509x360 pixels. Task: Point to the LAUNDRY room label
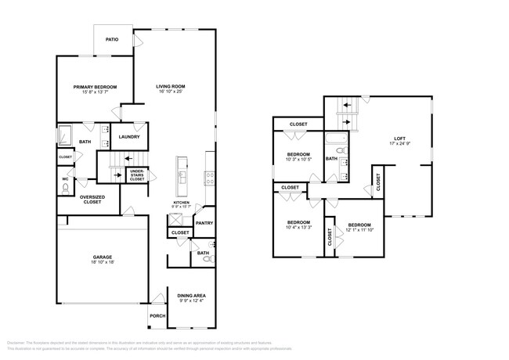click(x=129, y=137)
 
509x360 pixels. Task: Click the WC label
click(x=65, y=178)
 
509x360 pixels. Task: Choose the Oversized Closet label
click(x=94, y=200)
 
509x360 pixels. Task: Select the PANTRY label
click(x=205, y=223)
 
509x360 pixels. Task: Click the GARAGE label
click(x=103, y=257)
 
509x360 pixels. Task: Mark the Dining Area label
click(x=191, y=295)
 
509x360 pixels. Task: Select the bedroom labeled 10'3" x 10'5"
click(x=298, y=154)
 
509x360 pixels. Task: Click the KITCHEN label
click(x=182, y=203)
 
